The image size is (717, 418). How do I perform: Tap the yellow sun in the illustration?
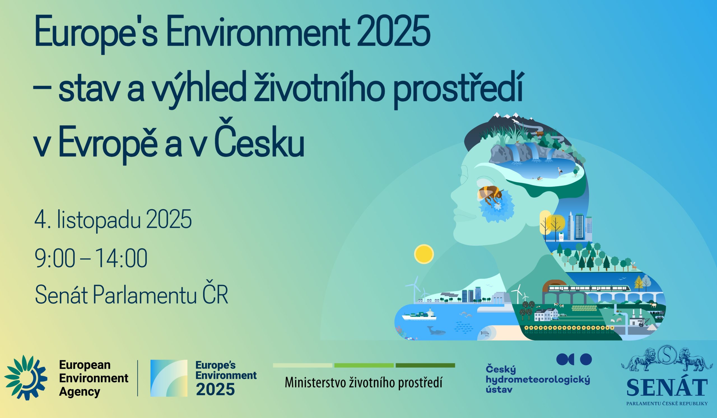tap(424, 254)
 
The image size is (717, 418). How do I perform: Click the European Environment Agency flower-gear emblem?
tap(25, 378)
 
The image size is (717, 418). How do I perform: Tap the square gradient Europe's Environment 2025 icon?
tap(169, 378)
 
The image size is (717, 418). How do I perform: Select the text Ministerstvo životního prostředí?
tap(364, 383)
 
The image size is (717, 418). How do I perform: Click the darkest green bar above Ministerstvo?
tap(425, 365)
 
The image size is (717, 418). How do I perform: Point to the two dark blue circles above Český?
tap(574, 359)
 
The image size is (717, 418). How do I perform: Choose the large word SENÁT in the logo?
tap(667, 387)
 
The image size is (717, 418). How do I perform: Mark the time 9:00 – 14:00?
tap(91, 258)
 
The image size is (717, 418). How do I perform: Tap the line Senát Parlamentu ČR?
tap(131, 295)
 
